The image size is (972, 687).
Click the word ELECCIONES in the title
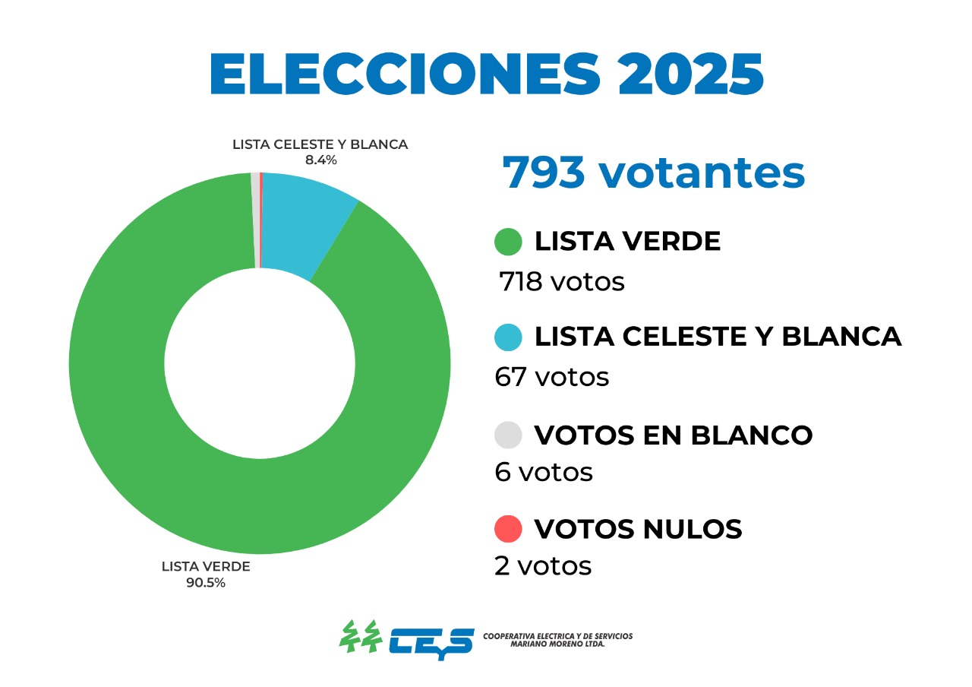point(390,74)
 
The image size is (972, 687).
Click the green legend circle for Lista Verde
point(508,242)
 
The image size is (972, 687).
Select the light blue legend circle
point(508,337)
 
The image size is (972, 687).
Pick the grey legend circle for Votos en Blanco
point(508,435)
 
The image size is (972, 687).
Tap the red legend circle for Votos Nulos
point(508,529)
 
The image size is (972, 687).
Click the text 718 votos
point(561,282)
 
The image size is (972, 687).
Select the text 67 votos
point(551,377)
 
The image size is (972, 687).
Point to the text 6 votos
point(543,472)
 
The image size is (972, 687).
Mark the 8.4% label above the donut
point(320,160)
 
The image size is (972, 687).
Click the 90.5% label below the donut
point(206,583)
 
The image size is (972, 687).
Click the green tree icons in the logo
point(359,637)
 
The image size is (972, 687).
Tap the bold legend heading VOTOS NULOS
point(638,529)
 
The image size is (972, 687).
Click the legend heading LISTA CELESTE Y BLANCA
point(718,337)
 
